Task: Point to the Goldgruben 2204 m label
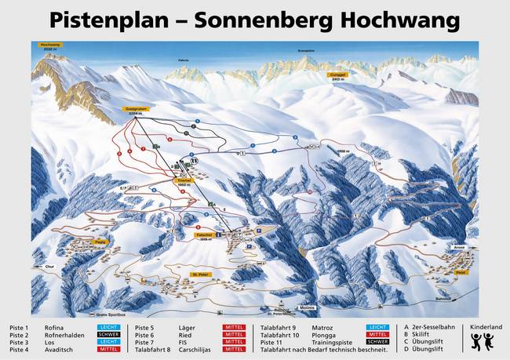pyautogui.click(x=136, y=111)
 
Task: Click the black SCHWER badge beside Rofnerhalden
pyautogui.click(x=109, y=335)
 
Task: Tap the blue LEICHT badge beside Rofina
pyautogui.click(x=109, y=327)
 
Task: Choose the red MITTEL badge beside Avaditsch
pyautogui.click(x=109, y=351)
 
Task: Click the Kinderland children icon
pyautogui.click(x=483, y=340)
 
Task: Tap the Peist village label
pyautogui.click(x=461, y=272)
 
